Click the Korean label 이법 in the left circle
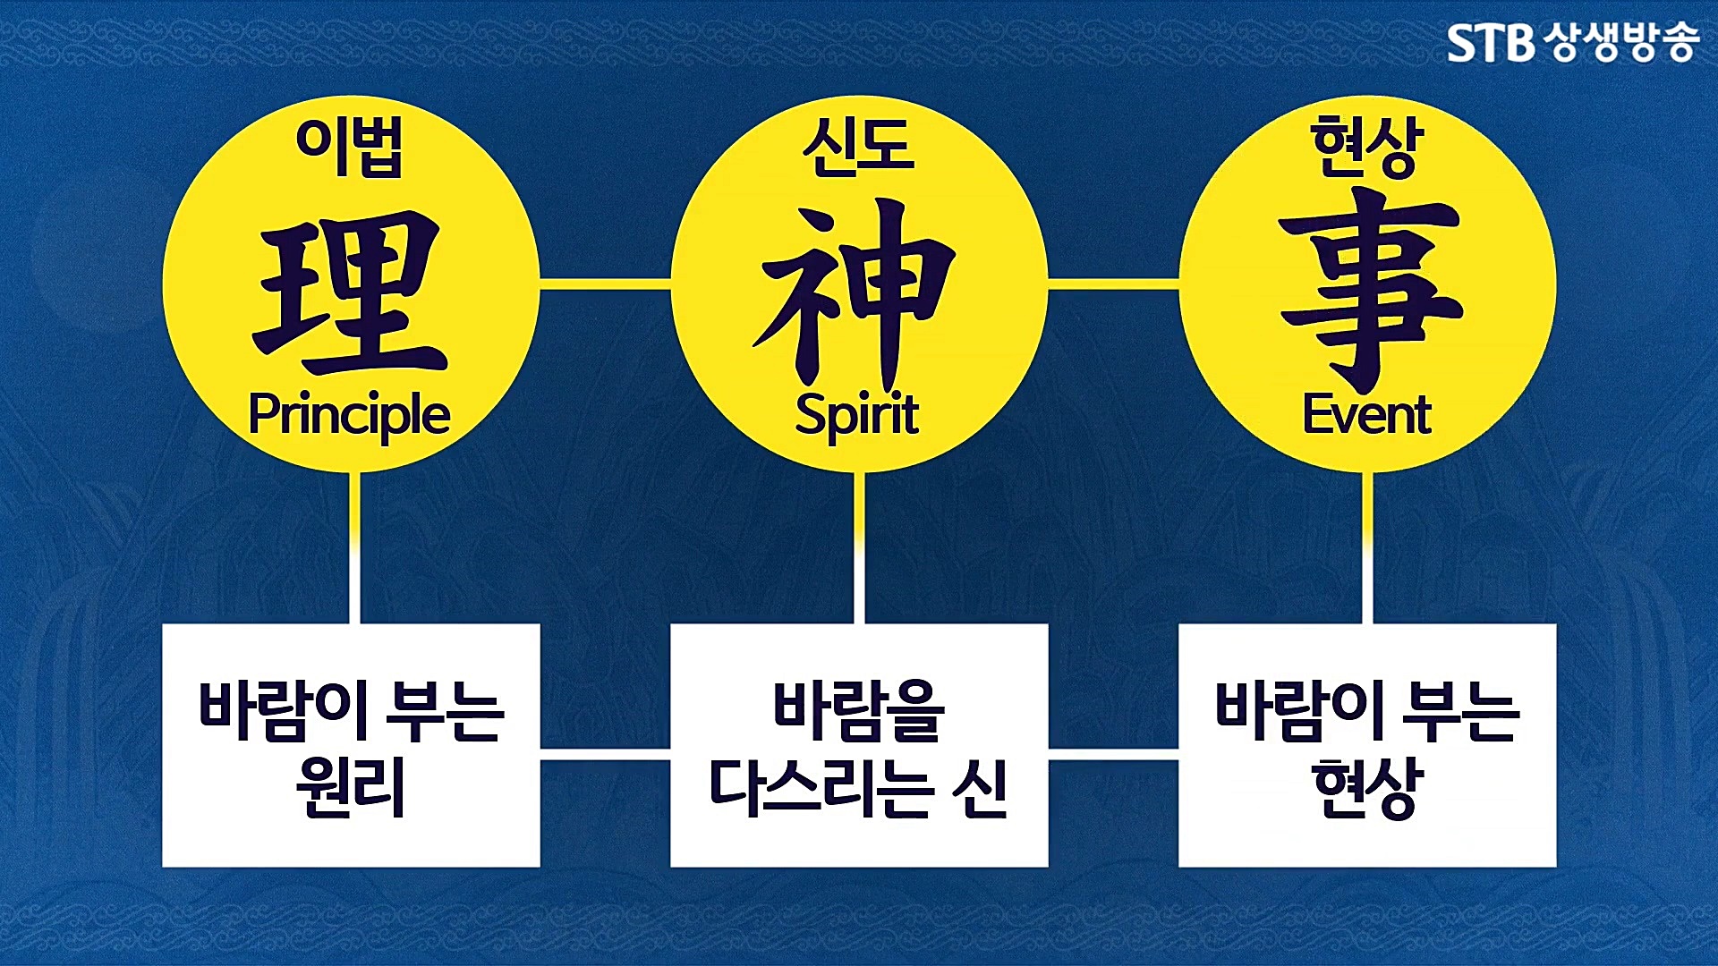(x=349, y=148)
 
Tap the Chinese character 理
(x=349, y=291)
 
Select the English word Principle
(x=349, y=416)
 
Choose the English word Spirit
(x=856, y=416)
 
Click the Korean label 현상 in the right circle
(x=1366, y=148)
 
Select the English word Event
(x=1366, y=416)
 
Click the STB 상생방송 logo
(x=1572, y=42)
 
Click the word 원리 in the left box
(x=351, y=787)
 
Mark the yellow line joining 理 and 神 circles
(x=605, y=284)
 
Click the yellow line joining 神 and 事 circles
(x=1113, y=284)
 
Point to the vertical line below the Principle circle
(x=355, y=547)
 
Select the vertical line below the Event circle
(x=1367, y=547)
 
